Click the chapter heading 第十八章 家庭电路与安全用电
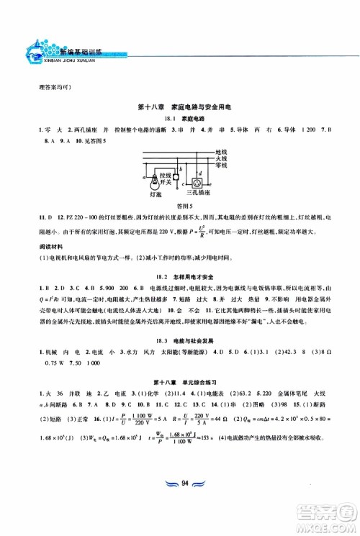click(x=180, y=107)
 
